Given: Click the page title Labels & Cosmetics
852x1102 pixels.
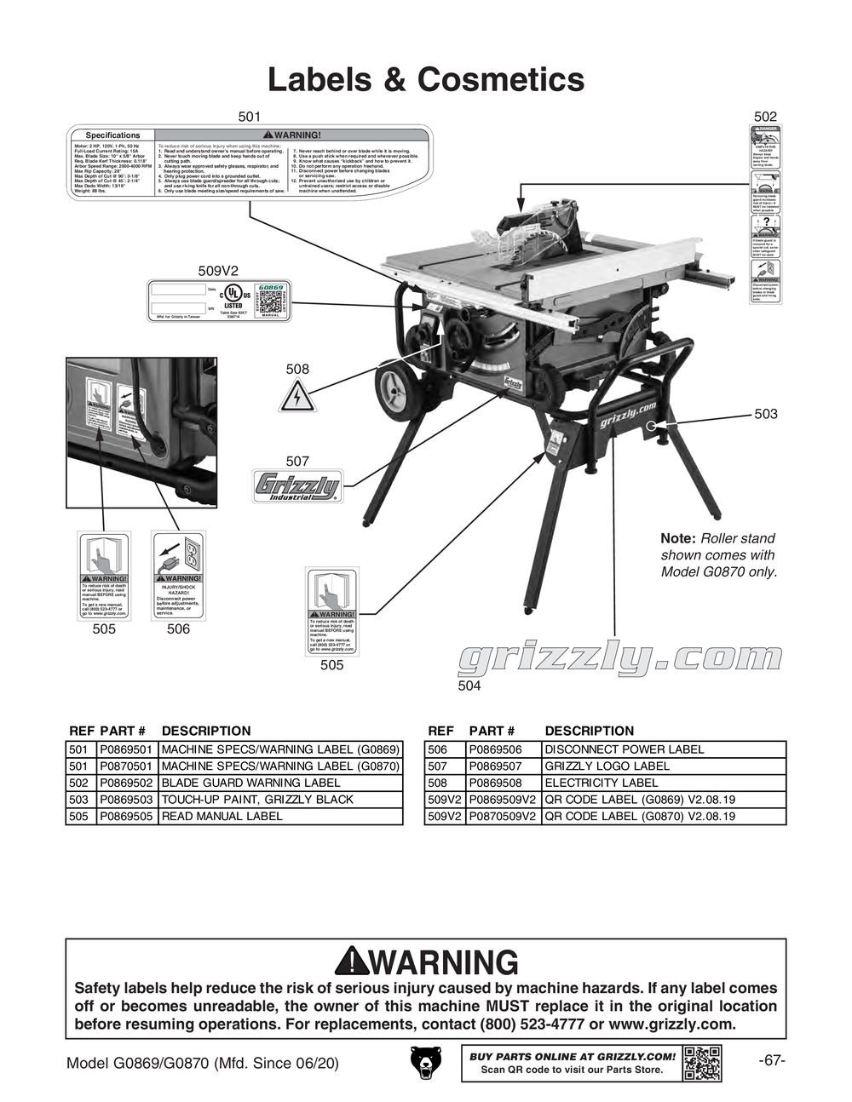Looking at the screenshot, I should coord(426,79).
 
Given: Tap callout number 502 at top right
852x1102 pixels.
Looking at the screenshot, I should coord(765,117).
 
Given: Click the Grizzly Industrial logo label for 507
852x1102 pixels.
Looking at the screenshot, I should coord(296,487).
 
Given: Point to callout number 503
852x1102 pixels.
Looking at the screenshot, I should coord(765,414).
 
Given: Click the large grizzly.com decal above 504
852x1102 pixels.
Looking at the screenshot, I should coord(619,657).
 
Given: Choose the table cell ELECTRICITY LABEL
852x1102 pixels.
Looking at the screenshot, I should coord(601,783).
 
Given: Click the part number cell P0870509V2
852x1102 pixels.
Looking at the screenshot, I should coord(504,816).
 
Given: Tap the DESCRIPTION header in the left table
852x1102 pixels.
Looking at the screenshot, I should coord(206,731).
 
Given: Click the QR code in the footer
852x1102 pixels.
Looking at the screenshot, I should coord(702,1063).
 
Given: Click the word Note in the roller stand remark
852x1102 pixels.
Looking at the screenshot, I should coord(678,538).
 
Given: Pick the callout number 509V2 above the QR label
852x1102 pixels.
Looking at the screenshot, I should coord(218,271).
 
